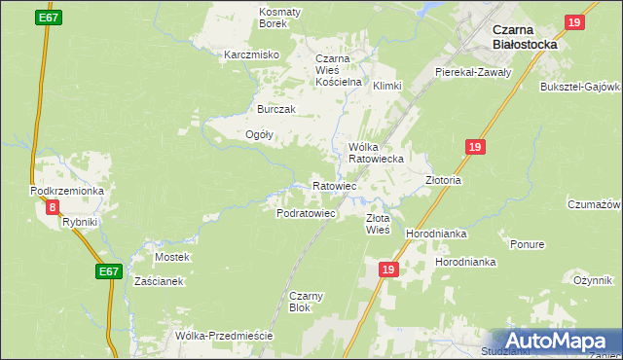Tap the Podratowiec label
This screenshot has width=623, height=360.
point(306,212)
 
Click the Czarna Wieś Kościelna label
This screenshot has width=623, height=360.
point(338,70)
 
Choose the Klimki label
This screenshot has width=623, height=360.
point(386,86)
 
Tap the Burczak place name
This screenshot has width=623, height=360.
point(275,109)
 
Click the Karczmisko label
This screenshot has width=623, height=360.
point(252,54)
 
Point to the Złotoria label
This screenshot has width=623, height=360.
point(443,180)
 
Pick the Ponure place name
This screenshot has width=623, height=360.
point(527,244)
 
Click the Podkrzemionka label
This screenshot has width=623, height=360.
point(67,191)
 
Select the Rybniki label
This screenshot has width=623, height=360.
point(80,222)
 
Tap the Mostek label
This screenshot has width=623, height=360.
point(172,257)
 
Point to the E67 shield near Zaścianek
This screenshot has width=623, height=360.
point(109,274)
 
